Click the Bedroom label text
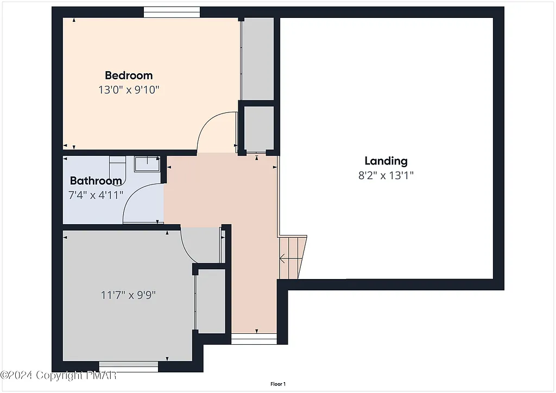129,75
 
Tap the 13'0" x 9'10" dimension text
129,90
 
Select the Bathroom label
96,181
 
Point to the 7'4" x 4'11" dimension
96,194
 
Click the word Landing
386,161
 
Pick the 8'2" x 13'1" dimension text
386,175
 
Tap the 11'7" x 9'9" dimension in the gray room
129,295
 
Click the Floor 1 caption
277,384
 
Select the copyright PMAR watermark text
58,375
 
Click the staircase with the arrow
292,257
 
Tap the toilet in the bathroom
117,163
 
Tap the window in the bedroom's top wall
172,12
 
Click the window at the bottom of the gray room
129,366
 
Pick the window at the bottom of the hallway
254,339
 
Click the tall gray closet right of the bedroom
257,59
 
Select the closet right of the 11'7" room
211,301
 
